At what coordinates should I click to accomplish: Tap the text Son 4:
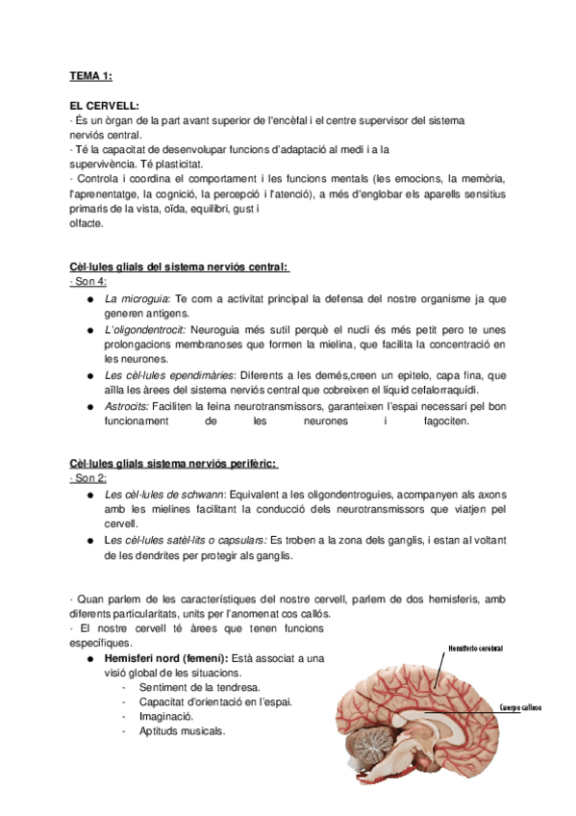coord(88,282)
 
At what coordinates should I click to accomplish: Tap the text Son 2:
coord(88,479)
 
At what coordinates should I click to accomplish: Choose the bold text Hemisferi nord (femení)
coord(165,658)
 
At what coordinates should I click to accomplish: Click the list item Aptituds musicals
coord(182,730)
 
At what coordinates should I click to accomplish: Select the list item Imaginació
coord(167,716)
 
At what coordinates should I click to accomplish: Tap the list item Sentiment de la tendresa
coord(199,687)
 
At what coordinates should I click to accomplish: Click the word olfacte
coord(87,223)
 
